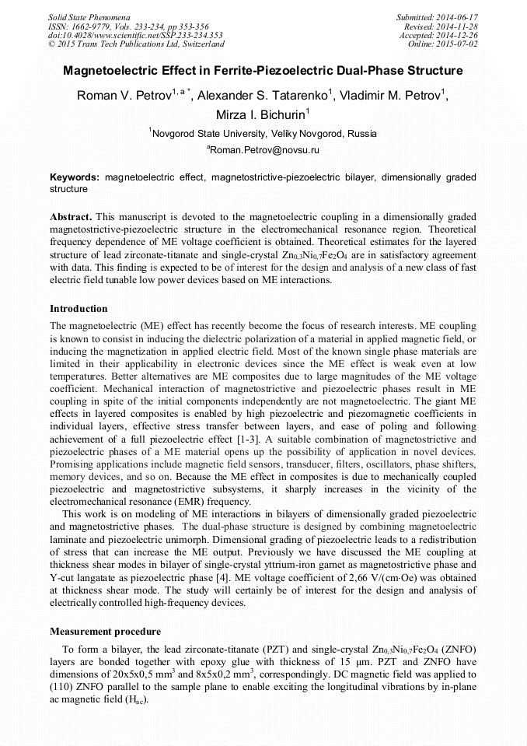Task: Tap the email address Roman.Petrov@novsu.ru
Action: tap(263, 149)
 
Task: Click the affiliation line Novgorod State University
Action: tap(263, 133)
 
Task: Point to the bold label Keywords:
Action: tap(75, 177)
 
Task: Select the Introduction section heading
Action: tap(79, 309)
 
